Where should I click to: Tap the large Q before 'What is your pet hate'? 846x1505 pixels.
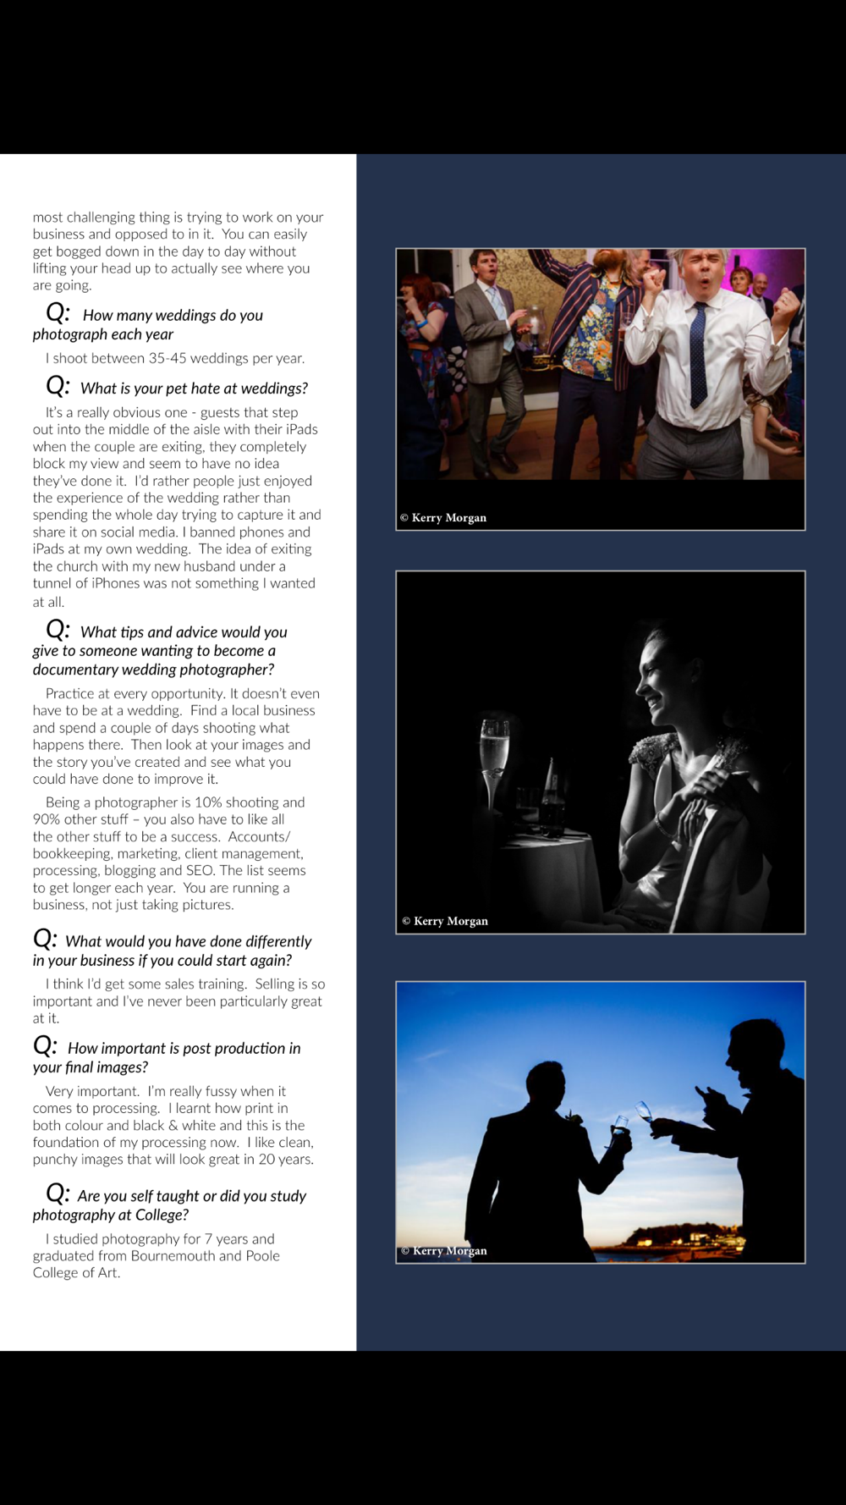click(x=58, y=387)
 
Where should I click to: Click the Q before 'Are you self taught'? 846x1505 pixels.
click(x=58, y=1194)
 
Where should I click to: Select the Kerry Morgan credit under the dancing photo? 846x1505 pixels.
click(x=443, y=518)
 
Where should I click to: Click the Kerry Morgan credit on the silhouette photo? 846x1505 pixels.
click(x=444, y=1250)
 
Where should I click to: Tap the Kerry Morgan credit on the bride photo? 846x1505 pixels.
click(x=445, y=921)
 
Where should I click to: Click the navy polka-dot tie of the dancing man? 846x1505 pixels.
click(x=698, y=356)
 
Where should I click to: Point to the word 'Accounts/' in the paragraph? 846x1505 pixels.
click(x=259, y=836)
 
